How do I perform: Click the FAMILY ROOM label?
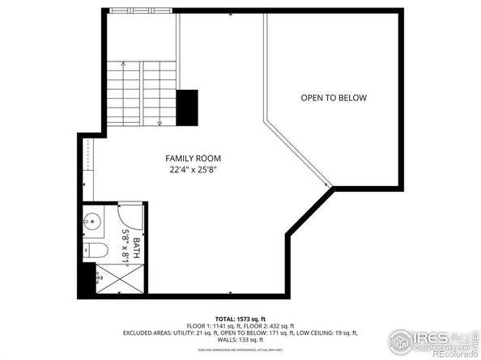(193, 158)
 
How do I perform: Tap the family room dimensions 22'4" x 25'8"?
(193, 170)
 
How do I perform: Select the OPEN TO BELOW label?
(334, 98)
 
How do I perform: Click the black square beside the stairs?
(188, 107)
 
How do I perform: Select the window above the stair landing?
(143, 11)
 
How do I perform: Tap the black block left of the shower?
(86, 279)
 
